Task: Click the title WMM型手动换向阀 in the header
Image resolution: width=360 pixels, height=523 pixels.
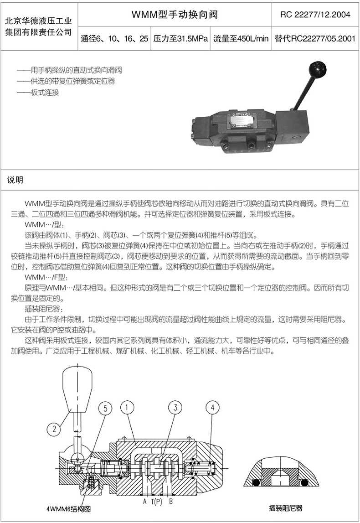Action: (175, 14)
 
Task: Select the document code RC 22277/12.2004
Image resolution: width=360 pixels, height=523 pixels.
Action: (315, 15)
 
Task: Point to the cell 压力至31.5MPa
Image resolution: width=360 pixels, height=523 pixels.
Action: (180, 39)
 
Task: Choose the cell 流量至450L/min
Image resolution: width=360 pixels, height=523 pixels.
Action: (241, 39)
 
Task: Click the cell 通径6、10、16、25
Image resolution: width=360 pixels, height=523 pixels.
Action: (114, 39)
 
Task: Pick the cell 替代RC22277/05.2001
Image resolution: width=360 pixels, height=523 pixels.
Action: (315, 39)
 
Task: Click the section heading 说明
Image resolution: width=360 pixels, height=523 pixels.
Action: (15, 180)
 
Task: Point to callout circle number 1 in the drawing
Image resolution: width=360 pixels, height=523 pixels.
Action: (127, 408)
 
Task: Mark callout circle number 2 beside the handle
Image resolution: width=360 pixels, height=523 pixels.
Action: (54, 429)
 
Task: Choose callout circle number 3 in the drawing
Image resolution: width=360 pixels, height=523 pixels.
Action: (175, 407)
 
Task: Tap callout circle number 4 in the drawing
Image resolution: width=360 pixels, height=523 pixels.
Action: (213, 407)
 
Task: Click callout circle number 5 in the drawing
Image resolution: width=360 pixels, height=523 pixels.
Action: (105, 409)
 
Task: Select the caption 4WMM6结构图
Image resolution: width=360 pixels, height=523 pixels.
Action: (69, 509)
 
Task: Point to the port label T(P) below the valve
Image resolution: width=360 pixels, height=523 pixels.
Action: (157, 501)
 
